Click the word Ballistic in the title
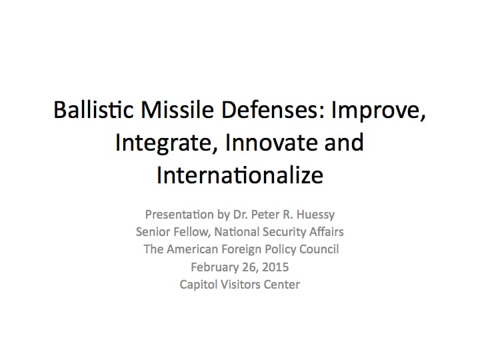(x=94, y=109)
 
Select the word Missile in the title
(x=177, y=109)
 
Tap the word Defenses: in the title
(x=273, y=109)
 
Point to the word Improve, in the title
(x=379, y=111)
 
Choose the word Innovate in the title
(x=271, y=143)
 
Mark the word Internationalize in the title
(x=240, y=175)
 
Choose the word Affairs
(x=326, y=232)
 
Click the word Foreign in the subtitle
(x=241, y=250)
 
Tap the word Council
(x=319, y=249)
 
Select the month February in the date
(x=219, y=267)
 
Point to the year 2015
(x=275, y=267)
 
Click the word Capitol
(x=199, y=285)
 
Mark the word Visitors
(x=241, y=285)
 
